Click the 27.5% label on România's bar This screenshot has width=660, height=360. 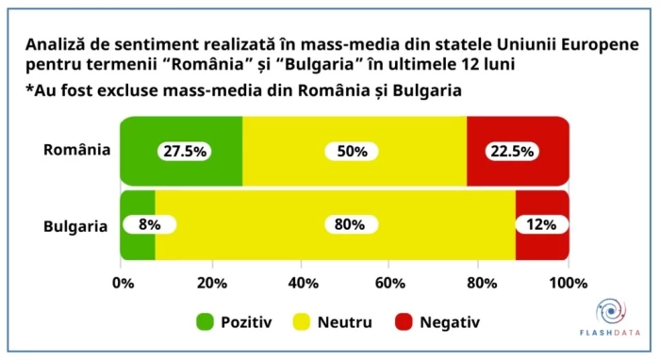(x=183, y=152)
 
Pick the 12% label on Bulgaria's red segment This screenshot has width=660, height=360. (x=541, y=225)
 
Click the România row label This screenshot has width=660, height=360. (x=76, y=151)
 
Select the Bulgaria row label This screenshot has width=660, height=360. (x=76, y=226)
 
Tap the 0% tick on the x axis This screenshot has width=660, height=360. (x=122, y=283)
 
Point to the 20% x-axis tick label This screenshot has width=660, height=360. (x=211, y=283)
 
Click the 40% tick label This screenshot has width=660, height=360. (x=301, y=283)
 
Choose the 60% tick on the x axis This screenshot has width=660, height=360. (x=390, y=283)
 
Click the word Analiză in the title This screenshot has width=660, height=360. (x=58, y=44)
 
